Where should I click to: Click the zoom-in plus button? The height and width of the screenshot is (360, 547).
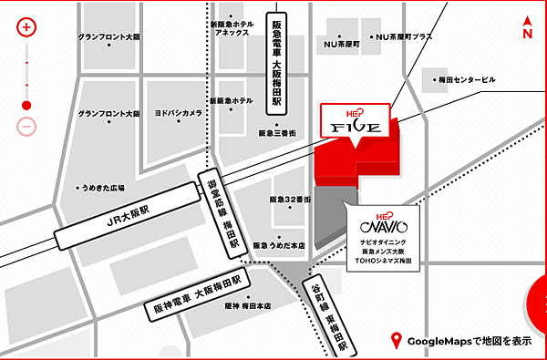[x=26, y=26]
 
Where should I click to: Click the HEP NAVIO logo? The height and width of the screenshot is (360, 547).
[x=378, y=220]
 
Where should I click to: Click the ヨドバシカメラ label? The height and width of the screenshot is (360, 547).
[x=179, y=113]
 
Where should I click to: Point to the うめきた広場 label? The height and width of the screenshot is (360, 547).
[x=103, y=186]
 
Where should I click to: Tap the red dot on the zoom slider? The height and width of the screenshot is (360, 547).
[x=26, y=104]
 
